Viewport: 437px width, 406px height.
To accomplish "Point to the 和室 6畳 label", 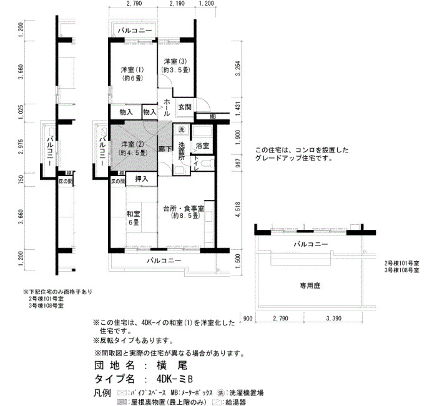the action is (x=134, y=218).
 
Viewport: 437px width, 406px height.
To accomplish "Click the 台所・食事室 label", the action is (x=184, y=208).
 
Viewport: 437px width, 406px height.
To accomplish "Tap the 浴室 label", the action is (x=202, y=146).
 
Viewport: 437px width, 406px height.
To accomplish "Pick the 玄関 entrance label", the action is (x=185, y=107).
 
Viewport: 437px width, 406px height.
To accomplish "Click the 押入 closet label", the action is (x=142, y=179).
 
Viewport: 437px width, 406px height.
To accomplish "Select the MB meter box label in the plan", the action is (x=213, y=117).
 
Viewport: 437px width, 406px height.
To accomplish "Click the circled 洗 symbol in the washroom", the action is (x=182, y=129).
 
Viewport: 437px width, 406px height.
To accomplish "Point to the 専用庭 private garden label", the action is (x=310, y=285).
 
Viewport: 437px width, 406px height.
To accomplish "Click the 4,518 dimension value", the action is (x=238, y=209).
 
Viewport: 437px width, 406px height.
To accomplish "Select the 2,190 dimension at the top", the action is (x=177, y=3).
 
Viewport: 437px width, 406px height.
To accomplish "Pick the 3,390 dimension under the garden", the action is (x=333, y=318).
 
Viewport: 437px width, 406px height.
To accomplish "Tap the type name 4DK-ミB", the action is (x=175, y=379).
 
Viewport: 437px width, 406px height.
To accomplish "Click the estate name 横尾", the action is (x=171, y=365).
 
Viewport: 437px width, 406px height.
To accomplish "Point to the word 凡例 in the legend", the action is (x=102, y=393).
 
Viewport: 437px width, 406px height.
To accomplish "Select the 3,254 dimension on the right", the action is (x=238, y=68).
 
